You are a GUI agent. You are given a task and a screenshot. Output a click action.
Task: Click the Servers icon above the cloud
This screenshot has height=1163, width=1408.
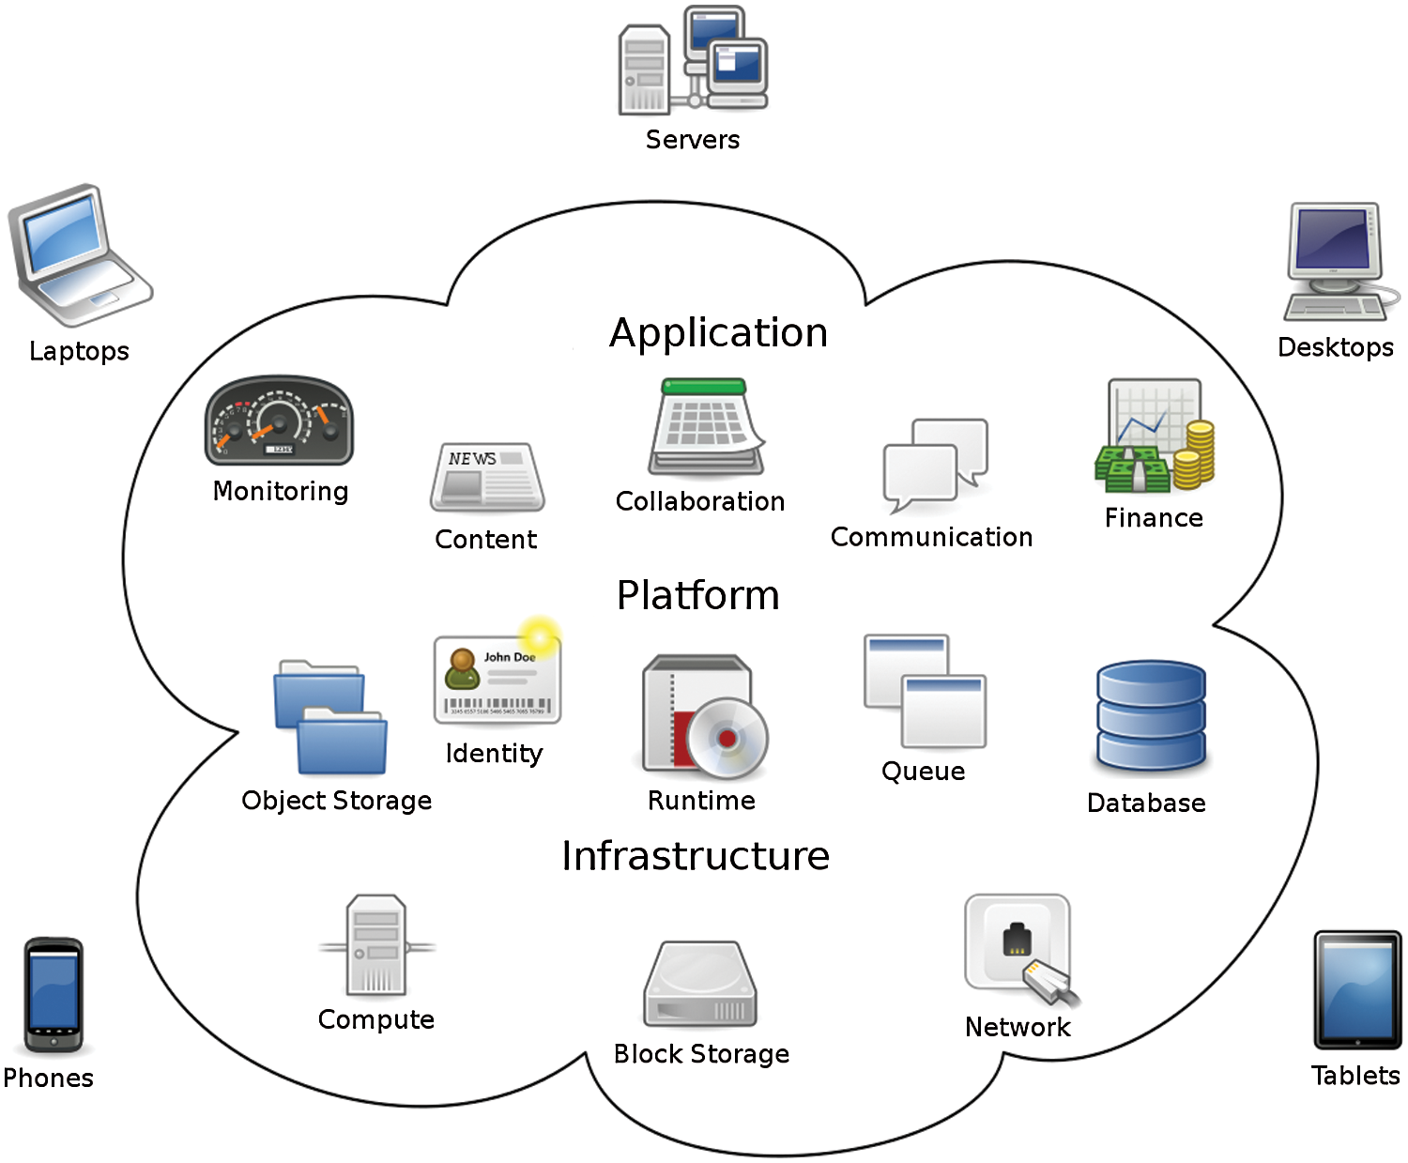coord(694,62)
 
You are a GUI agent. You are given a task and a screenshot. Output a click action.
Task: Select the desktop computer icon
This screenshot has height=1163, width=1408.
coord(1338,262)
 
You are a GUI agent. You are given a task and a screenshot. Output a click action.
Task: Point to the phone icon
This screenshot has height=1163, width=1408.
coord(54,996)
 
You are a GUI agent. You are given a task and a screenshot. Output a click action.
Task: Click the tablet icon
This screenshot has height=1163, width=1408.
coord(1357,990)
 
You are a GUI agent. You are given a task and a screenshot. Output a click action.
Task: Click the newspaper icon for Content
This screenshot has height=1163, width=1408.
coord(486,477)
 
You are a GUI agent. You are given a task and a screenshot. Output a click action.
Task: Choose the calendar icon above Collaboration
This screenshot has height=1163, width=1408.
coord(706,427)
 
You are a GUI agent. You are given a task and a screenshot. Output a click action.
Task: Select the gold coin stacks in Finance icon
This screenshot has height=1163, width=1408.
coord(1195,455)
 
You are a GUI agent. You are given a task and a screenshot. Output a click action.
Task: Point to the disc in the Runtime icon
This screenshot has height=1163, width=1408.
coord(727,738)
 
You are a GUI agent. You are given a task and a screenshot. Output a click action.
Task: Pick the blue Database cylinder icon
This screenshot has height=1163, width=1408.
coord(1151,715)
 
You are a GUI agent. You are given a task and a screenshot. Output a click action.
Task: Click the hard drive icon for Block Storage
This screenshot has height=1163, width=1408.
coord(700,985)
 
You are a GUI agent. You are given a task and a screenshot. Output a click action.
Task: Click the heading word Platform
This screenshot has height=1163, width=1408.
coord(697,595)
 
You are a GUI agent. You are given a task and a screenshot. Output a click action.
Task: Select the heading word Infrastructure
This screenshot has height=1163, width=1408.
coord(696,856)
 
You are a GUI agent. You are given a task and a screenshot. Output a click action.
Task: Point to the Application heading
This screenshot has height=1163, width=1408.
coord(718,333)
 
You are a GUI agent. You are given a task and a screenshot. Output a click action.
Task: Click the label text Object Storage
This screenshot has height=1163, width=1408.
coord(336,801)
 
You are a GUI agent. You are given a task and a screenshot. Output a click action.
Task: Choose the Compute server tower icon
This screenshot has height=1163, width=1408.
coord(376,945)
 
